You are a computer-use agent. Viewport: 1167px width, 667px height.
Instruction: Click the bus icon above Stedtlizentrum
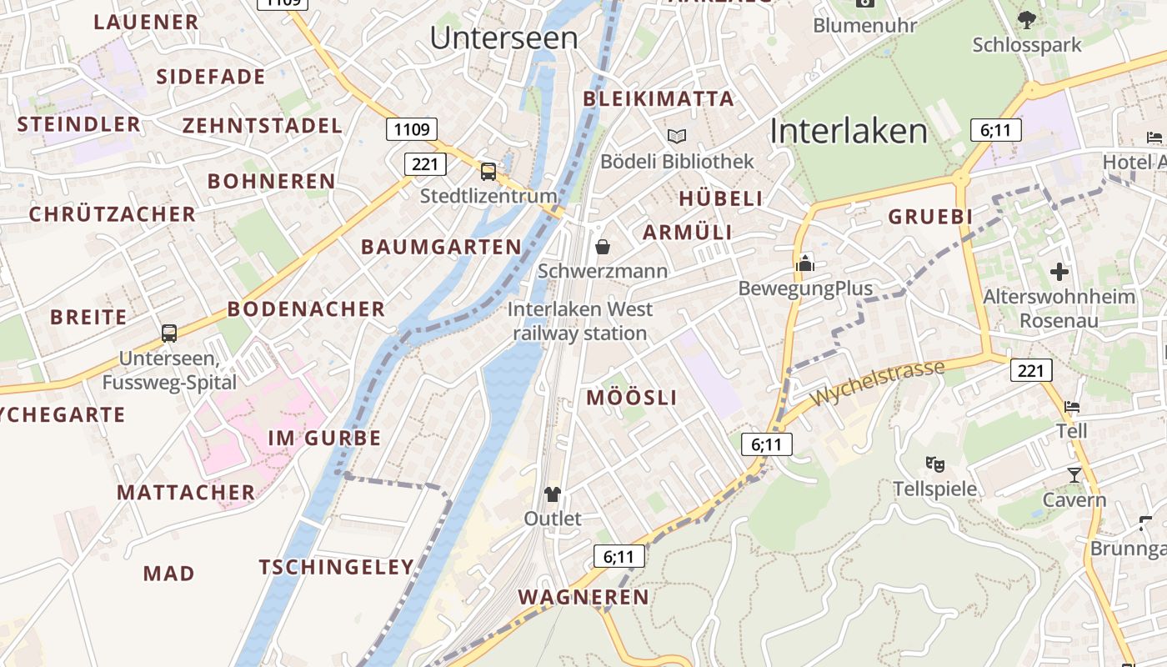coord(488,172)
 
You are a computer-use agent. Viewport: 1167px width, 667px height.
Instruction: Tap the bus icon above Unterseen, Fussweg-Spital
coord(169,333)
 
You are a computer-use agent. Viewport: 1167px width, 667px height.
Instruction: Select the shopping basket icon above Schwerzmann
coord(603,247)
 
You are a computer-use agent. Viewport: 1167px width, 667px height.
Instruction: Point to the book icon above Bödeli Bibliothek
coord(677,136)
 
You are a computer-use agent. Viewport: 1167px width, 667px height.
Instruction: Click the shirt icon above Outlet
coord(552,494)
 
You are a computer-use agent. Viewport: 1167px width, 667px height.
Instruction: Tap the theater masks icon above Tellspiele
coord(935,464)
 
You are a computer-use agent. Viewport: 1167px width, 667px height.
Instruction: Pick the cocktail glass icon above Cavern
coord(1074,475)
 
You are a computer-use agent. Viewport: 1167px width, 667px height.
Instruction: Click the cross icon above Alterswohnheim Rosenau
coord(1059,272)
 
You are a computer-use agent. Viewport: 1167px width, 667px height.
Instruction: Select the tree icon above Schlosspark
coord(1027,19)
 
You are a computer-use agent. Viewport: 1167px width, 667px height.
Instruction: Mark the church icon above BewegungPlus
coord(805,263)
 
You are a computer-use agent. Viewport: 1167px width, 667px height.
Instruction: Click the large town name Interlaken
coord(849,132)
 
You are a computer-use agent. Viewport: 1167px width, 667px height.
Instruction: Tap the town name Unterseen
coord(504,38)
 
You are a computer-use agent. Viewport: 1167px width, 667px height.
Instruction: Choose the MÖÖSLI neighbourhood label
coord(632,398)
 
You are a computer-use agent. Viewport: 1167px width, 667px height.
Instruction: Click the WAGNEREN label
coord(583,597)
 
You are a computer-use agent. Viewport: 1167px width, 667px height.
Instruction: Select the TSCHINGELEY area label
coord(336,568)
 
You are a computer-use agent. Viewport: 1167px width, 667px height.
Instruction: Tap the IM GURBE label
coord(324,438)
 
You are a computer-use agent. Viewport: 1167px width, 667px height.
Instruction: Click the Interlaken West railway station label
coord(579,321)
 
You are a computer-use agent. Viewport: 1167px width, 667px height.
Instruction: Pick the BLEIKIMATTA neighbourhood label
coord(659,99)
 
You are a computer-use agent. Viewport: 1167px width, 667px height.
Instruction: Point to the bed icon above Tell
coord(1072,407)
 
